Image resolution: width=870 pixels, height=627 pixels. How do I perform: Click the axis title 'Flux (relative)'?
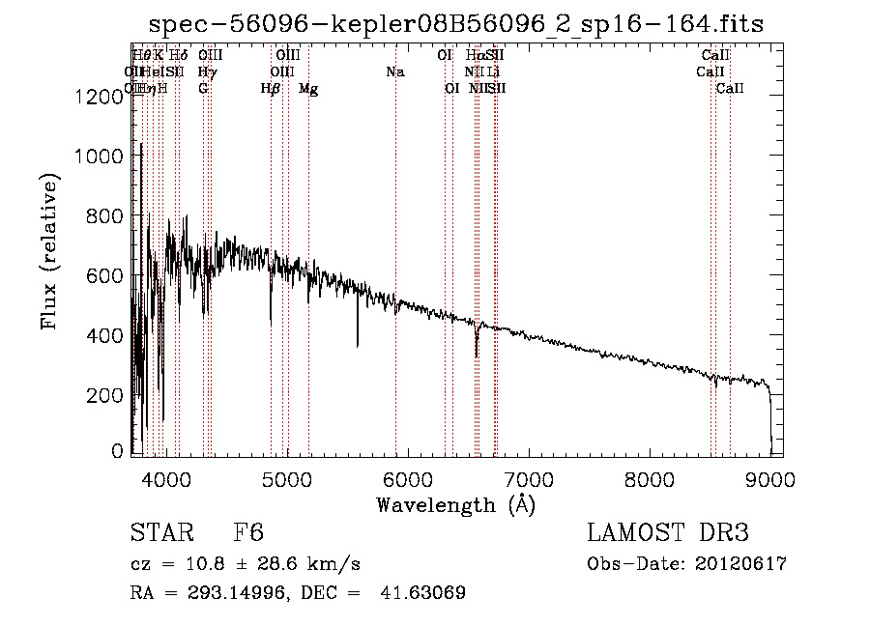point(49,251)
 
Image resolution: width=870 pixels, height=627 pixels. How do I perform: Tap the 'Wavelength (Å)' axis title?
point(455,504)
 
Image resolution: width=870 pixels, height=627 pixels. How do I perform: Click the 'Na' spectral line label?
point(394,71)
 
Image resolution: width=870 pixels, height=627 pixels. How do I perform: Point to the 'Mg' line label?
point(308,89)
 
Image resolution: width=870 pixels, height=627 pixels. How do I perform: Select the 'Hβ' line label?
point(271,89)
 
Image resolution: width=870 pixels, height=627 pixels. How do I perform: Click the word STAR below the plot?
point(162,534)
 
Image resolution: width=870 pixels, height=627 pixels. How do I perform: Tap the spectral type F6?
point(248,534)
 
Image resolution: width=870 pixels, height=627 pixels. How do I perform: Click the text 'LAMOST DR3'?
point(668,534)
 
